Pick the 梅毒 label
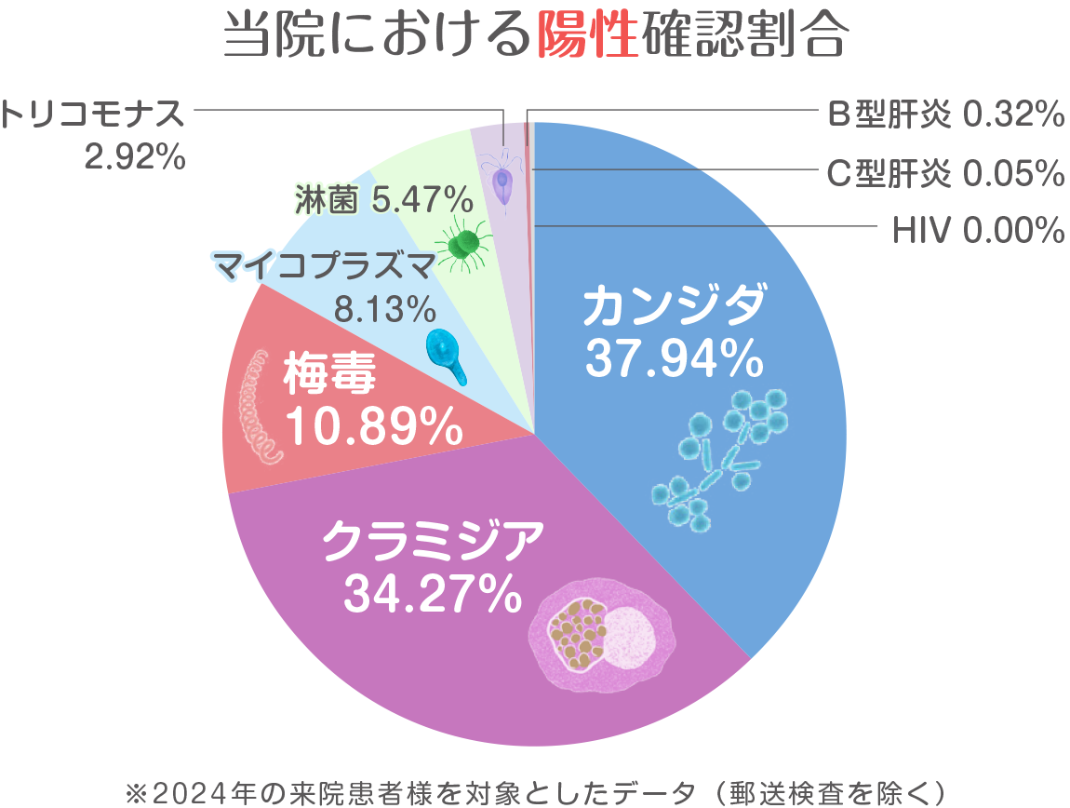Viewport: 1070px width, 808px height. [329, 377]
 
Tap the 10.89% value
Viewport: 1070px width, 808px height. [373, 427]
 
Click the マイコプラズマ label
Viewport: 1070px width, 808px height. [324, 268]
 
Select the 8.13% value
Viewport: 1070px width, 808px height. [384, 307]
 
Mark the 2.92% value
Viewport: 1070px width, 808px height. [134, 157]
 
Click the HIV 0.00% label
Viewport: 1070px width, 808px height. [977, 230]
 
